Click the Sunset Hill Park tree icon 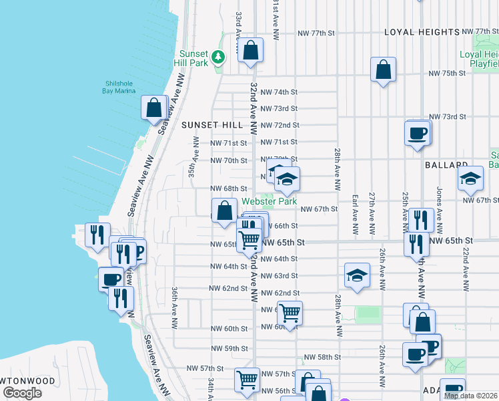tap(217, 57)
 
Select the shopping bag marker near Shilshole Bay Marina tap(154, 108)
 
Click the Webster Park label tap(269, 200)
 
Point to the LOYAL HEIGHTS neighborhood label tap(422, 32)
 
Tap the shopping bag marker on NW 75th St tap(384, 70)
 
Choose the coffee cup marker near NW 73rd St tap(418, 132)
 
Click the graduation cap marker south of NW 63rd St tap(358, 275)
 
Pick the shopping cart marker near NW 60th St tap(290, 312)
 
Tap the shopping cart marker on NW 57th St tap(247, 379)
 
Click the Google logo tap(22, 393)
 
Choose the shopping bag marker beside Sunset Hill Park tap(250, 50)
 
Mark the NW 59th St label tap(227, 348)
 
